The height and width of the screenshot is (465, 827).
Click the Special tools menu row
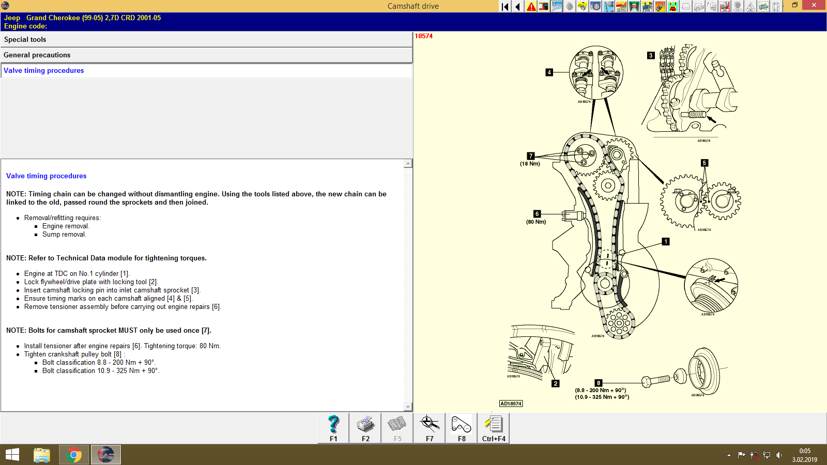(x=207, y=40)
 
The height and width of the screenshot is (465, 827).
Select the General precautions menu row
(x=207, y=55)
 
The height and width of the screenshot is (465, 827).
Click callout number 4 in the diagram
(x=549, y=72)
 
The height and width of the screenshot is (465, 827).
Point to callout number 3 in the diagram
(x=651, y=55)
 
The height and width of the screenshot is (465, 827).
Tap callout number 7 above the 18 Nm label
(x=530, y=156)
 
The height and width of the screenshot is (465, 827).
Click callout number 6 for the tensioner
(x=537, y=214)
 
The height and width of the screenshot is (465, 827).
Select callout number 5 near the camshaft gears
(x=704, y=163)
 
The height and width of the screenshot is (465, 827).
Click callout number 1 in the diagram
(x=666, y=241)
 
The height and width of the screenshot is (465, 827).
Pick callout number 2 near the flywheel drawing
(x=555, y=383)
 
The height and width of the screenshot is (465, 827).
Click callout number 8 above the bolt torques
(x=598, y=383)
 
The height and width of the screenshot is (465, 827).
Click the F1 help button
(x=333, y=428)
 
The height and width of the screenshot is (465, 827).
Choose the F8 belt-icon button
(x=462, y=428)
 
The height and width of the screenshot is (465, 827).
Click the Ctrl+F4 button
(x=494, y=428)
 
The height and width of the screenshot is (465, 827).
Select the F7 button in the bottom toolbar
(x=430, y=428)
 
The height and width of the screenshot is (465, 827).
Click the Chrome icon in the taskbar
(x=74, y=455)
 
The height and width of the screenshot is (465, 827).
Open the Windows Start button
(x=12, y=455)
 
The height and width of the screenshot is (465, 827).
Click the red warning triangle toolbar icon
(x=531, y=7)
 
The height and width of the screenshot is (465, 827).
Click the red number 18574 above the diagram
(x=423, y=36)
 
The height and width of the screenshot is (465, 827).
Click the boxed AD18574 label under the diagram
(x=511, y=404)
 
